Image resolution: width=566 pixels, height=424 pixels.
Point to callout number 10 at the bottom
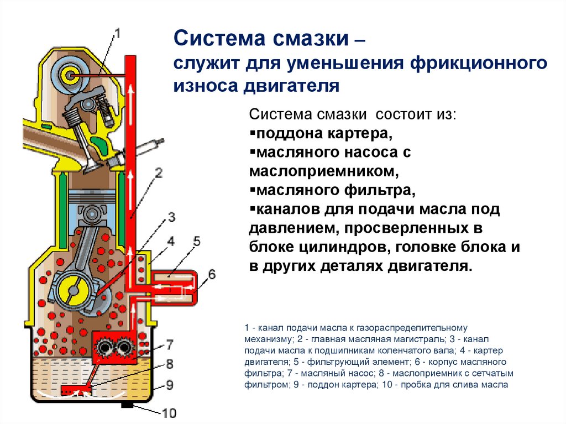pyautogui.click(x=169, y=412)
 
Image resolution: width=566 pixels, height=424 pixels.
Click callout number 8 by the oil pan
pyautogui.click(x=170, y=364)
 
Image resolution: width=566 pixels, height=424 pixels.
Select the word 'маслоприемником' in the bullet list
pyautogui.click(x=323, y=171)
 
